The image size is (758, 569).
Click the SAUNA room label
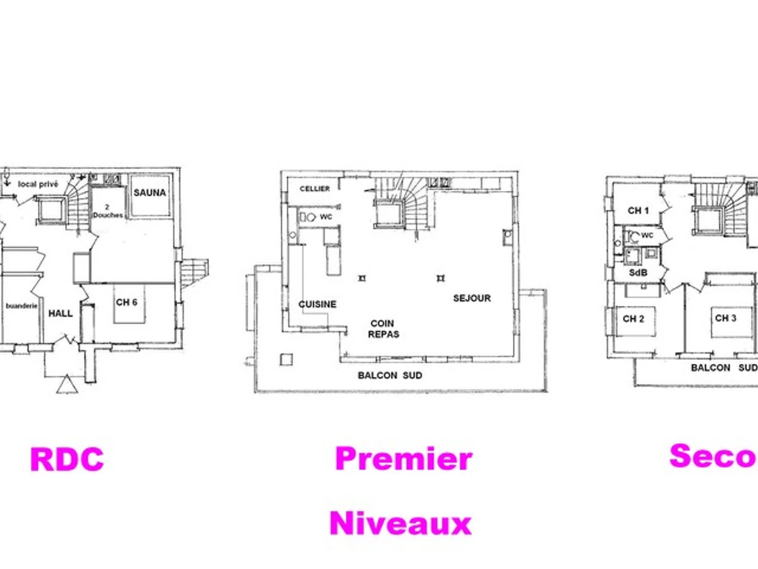point(150,192)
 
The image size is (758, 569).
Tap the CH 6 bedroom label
point(126,302)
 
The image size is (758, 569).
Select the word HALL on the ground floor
point(61,313)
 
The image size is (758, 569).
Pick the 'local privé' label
point(38,184)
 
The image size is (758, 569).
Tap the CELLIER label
point(315,189)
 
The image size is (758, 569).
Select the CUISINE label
point(317,304)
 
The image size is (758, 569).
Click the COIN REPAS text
point(384,329)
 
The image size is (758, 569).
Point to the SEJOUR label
point(472,298)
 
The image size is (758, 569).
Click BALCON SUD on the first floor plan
point(390,376)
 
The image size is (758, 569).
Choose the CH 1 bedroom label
point(638,211)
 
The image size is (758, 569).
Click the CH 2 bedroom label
point(633,319)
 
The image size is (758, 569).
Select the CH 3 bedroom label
point(725,318)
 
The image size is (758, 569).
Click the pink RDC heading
point(67,460)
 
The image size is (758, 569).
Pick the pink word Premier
point(403,458)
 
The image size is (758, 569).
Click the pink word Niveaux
point(400,523)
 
